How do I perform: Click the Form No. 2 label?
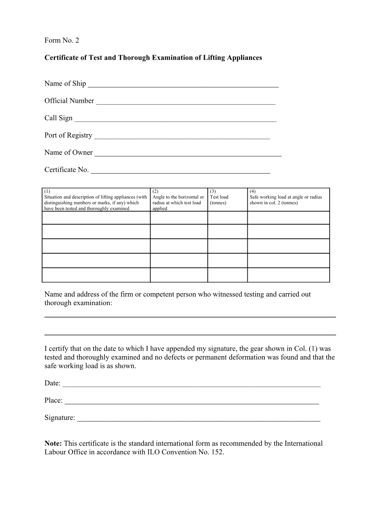point(61,40)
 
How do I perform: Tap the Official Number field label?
point(69,101)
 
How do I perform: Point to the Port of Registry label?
point(68,135)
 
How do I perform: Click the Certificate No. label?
point(66,170)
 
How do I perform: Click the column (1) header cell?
point(96,200)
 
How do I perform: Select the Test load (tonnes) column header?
point(227,200)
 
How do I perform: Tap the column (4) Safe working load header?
point(288,200)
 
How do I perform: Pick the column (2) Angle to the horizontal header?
point(179,200)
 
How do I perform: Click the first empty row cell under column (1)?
point(96,218)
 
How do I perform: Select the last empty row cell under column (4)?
point(288,275)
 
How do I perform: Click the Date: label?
point(52,383)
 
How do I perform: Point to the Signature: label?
point(60,418)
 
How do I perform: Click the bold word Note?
point(53,444)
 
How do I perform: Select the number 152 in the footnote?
point(217,452)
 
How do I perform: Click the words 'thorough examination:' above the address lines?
point(78,303)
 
